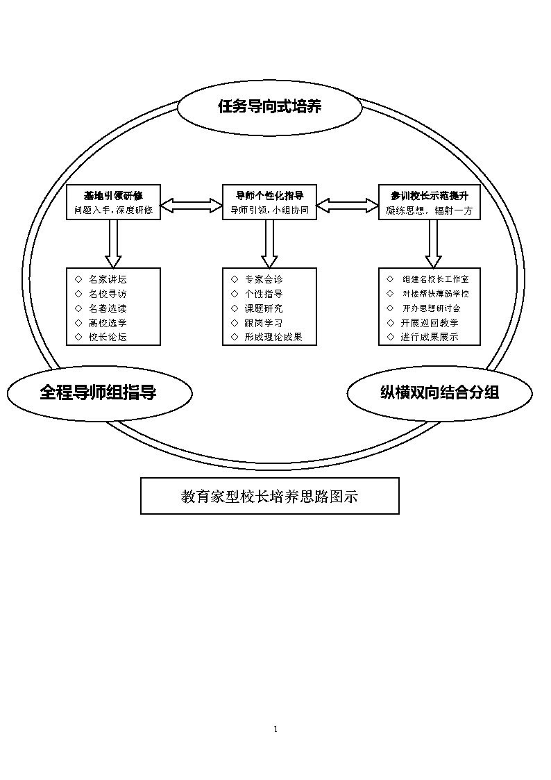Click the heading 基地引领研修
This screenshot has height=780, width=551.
pos(113,195)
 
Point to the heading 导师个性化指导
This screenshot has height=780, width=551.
pos(269,195)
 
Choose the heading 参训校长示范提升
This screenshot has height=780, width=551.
pos(430,195)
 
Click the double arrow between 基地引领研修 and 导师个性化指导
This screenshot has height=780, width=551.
pos(192,206)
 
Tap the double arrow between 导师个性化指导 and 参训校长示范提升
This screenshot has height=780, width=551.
pos(347,206)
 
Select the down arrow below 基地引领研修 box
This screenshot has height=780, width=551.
pos(113,244)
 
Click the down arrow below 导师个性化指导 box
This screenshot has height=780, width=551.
pos(269,244)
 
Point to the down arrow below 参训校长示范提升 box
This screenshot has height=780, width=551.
pos(433,244)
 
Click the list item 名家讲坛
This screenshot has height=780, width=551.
pos(108,280)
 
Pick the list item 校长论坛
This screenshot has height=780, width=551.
pos(108,338)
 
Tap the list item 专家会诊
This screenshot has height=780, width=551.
pos(264,280)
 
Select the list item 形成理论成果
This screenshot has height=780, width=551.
pos(273,338)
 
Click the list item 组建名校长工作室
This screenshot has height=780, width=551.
pos(435,280)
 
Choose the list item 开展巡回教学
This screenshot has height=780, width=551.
pos(430,323)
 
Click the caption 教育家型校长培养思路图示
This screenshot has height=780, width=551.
pos(270,497)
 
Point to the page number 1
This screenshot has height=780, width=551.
pos(275,729)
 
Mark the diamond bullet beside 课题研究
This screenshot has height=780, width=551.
pos(235,308)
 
